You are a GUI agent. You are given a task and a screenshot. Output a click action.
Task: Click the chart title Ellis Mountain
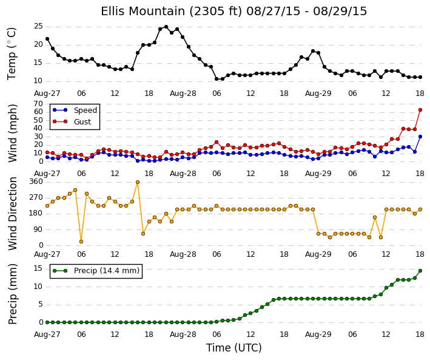tap(142, 12)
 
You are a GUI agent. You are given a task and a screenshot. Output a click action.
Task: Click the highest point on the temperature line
tap(166, 27)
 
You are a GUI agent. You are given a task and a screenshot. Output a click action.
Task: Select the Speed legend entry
tap(75, 110)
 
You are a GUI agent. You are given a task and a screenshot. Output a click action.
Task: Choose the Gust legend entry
tap(72, 121)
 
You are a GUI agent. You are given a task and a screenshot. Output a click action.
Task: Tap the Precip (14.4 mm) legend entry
tap(96, 271)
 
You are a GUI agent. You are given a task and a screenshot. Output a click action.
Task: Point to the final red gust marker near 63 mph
tap(420, 110)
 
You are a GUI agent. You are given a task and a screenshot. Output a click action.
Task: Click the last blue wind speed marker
tap(420, 137)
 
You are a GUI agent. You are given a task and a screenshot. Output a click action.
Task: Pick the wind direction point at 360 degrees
tap(138, 182)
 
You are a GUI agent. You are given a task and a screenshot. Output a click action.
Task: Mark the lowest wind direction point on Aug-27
tap(81, 242)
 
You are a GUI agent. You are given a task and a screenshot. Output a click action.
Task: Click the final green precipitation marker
tap(420, 271)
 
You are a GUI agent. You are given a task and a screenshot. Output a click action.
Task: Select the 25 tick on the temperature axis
tap(38, 26)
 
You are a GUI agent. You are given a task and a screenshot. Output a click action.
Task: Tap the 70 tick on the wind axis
tap(38, 104)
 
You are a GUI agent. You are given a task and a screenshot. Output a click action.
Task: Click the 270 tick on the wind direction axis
tap(36, 197)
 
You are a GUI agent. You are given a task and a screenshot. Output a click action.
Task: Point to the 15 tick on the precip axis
tap(38, 268)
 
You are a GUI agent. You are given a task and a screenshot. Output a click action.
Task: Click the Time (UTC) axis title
tap(234, 348)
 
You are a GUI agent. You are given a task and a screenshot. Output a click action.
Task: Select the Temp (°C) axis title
tap(12, 54)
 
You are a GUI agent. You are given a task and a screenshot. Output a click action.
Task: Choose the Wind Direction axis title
tap(13, 214)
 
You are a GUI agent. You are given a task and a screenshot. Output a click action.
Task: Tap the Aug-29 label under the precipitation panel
tap(318, 335)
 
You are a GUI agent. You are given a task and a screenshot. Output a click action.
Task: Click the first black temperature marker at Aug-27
tap(47, 39)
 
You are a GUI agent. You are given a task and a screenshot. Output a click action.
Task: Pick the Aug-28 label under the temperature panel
tap(183, 93)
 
